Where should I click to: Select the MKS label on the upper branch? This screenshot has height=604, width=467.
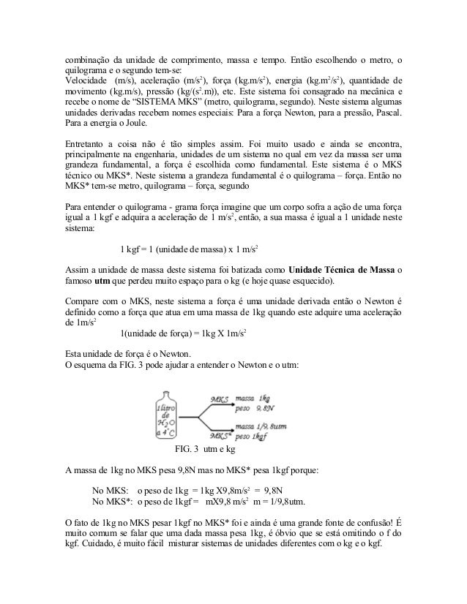220,399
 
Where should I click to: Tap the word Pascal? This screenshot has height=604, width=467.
384,116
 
